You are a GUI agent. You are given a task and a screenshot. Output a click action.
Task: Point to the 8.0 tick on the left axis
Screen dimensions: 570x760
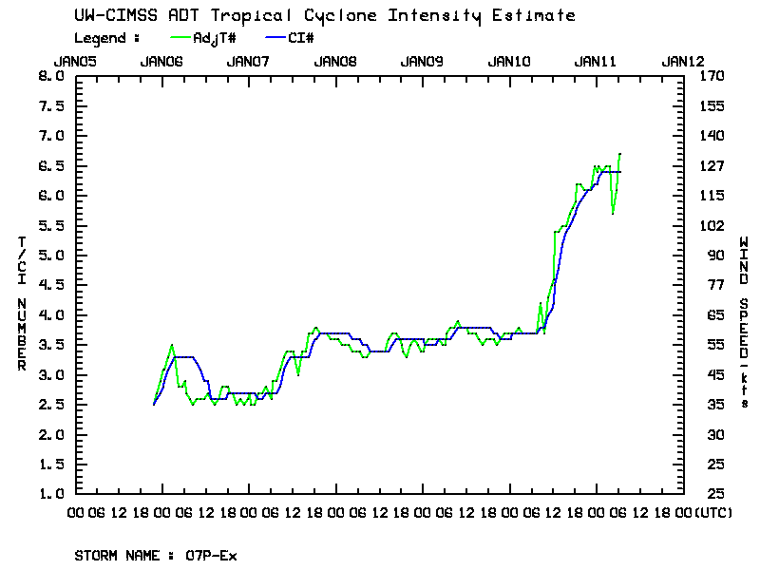coord(50,76)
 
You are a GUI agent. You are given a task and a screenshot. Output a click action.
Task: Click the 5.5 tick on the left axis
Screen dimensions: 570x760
coord(50,226)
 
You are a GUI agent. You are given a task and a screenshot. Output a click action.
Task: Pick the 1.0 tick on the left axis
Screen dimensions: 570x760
coord(50,495)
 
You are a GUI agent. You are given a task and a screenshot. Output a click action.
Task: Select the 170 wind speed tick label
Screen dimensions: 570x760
coord(710,76)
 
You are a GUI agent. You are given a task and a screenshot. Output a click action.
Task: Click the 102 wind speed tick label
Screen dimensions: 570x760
coord(710,226)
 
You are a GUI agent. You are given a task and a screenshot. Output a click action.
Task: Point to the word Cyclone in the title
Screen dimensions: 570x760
coord(333,16)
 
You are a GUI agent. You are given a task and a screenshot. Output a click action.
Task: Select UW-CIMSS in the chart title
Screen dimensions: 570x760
coord(107,16)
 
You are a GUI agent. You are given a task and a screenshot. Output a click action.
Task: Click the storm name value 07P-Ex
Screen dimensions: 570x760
coord(211,556)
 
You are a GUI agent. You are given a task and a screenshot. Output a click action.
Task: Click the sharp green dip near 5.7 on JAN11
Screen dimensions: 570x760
coord(613,214)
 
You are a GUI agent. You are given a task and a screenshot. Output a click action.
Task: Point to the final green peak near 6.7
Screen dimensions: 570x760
coord(619,154)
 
